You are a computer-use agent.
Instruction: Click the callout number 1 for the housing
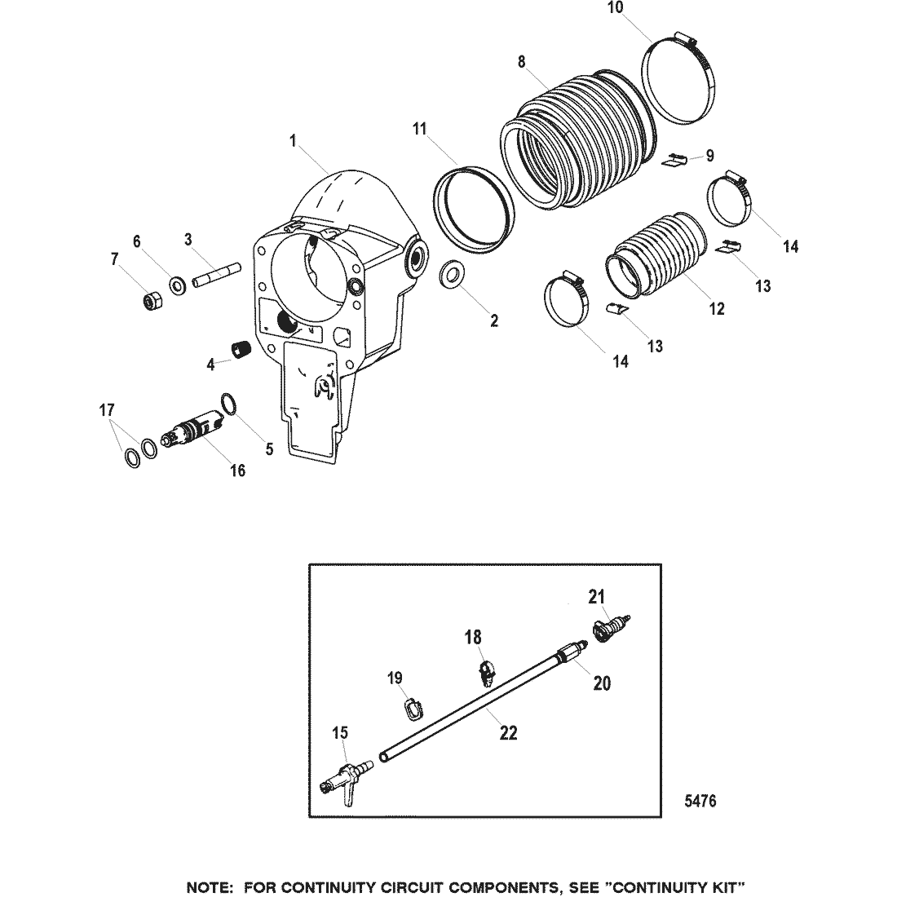[294, 141]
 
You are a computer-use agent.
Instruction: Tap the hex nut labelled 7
[152, 300]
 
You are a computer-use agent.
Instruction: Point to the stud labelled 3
[218, 275]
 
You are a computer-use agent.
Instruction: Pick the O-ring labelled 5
[228, 404]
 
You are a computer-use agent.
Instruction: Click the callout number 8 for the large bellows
[521, 62]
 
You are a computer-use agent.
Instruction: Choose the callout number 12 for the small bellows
[717, 309]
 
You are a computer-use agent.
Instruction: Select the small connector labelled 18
[486, 673]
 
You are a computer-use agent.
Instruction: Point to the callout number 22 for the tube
[509, 733]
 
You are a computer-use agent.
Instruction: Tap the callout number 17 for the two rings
[107, 410]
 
